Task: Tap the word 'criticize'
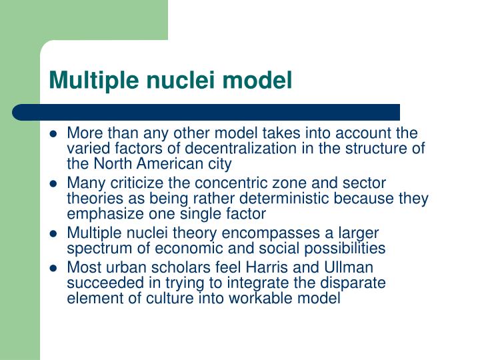click(135, 183)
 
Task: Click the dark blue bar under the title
click(207, 112)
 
